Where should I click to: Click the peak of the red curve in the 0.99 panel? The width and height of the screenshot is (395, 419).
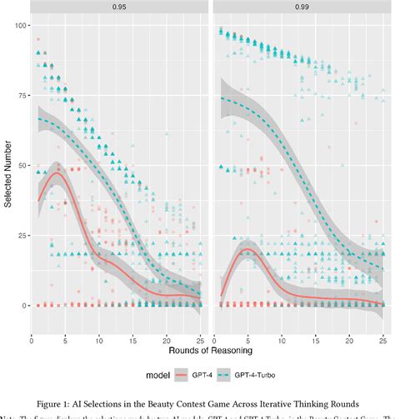247,250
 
